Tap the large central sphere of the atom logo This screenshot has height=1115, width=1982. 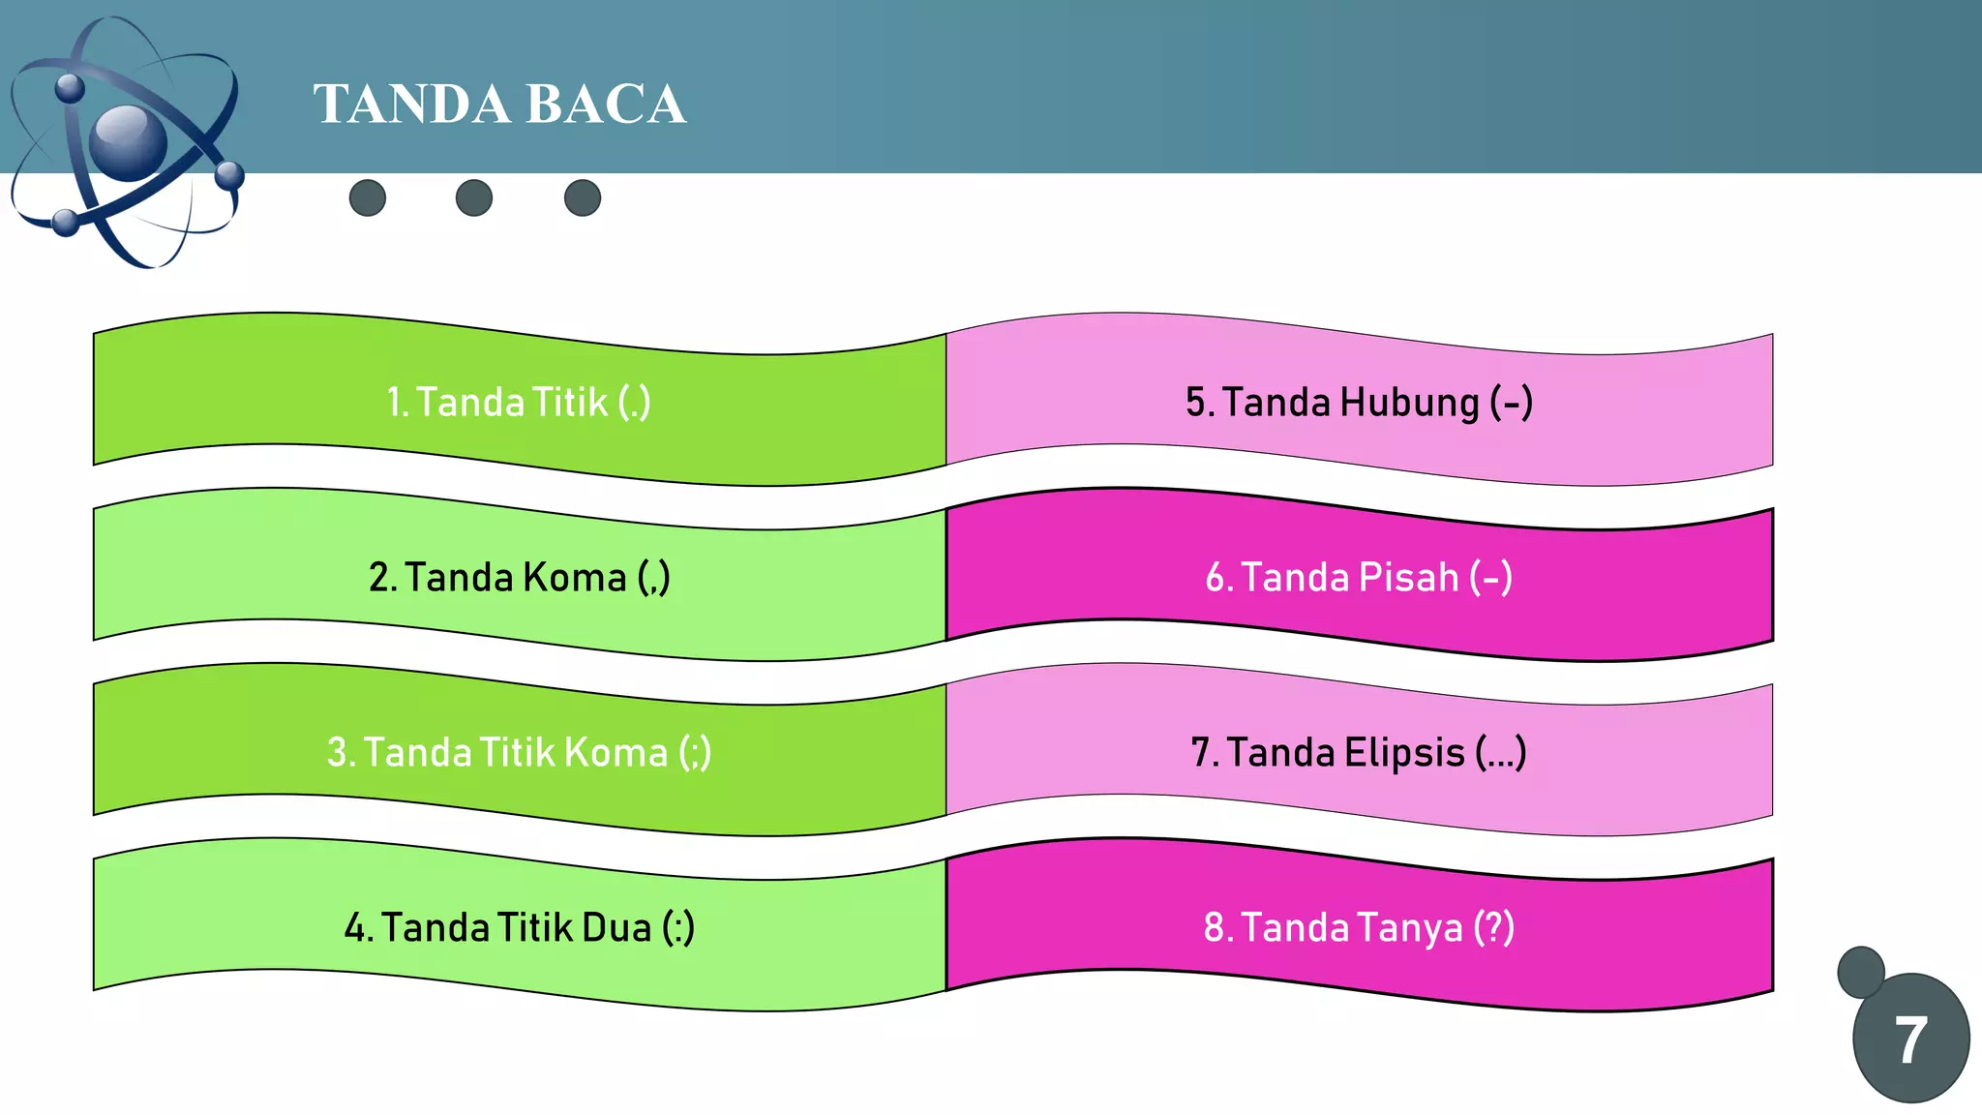[128, 142]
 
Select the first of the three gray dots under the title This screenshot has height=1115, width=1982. [368, 198]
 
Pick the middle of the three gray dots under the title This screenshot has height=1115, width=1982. [474, 198]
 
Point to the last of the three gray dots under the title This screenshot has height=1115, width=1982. [583, 198]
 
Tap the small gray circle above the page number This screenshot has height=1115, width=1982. [1860, 971]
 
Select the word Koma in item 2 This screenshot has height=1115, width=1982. [575, 578]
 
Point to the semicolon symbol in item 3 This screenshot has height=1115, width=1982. [695, 753]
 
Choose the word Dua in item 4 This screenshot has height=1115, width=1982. [616, 928]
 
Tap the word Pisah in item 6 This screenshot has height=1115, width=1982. [1408, 578]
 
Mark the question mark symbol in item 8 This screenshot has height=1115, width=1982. [1494, 927]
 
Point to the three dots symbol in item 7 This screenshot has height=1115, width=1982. [1501, 755]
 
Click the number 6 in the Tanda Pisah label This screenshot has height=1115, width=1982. [1216, 578]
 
